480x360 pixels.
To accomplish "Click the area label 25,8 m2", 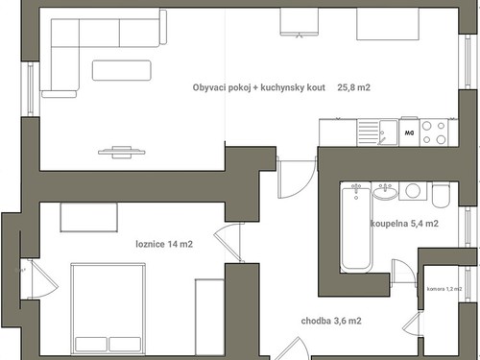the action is tap(353, 87).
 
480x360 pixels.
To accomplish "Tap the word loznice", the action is tap(150, 244).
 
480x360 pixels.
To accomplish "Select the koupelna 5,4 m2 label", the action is tap(404, 224).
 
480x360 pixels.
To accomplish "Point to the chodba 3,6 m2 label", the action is tap(331, 321).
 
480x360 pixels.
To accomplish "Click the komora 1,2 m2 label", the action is tap(444, 289).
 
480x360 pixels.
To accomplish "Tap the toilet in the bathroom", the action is tap(441, 195).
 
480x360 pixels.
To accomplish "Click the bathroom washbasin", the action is tap(385, 192).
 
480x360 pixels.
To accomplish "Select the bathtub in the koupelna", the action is tap(356, 228).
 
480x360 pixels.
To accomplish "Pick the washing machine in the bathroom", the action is tap(413, 191).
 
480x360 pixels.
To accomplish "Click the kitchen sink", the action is tap(378, 132).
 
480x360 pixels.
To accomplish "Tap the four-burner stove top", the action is tap(434, 132).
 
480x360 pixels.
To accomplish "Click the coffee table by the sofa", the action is tap(122, 70).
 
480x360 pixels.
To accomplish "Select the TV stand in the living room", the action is tap(122, 152).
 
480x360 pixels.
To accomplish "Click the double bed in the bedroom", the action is tap(108, 309).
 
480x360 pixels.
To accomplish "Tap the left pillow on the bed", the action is tap(91, 345).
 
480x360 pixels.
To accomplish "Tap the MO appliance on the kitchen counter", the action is tap(409, 132).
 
